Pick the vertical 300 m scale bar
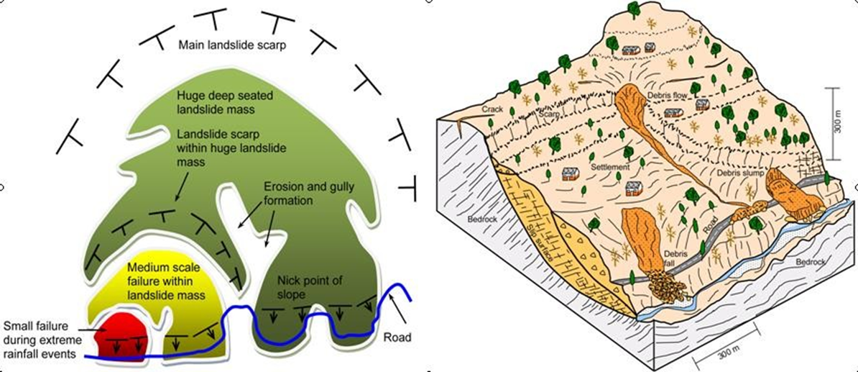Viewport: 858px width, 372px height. (833, 123)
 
